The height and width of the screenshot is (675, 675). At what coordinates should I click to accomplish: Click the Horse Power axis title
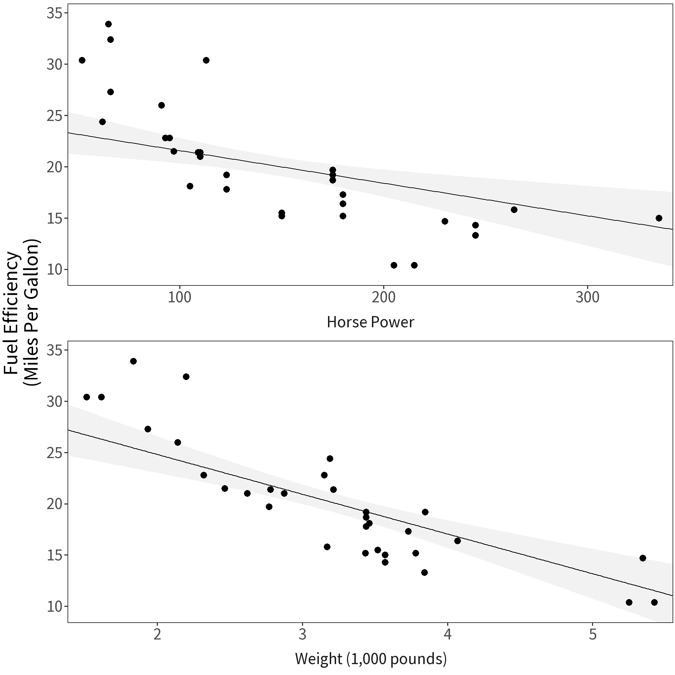pos(370,322)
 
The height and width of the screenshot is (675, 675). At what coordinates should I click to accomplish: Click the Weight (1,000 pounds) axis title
pos(371,658)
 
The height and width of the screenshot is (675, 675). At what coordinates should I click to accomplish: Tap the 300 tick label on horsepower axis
pos(587,297)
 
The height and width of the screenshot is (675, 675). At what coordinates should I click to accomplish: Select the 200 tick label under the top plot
pos(384,297)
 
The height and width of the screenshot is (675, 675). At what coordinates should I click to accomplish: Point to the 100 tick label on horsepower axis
pos(180,297)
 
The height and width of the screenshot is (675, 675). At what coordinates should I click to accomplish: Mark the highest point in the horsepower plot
pos(108,24)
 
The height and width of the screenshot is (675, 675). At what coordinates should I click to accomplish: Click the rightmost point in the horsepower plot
pos(659,218)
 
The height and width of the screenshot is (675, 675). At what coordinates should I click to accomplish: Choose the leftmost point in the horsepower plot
pos(82,60)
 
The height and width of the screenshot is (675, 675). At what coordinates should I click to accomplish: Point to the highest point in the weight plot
pos(133,361)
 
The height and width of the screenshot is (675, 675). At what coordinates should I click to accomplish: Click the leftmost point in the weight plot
pos(86,397)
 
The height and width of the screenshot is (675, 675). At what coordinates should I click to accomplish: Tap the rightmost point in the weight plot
pos(654,602)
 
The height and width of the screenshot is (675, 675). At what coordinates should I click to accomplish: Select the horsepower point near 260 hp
pos(514,210)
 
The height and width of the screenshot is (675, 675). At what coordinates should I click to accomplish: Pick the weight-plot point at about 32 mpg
pos(186,377)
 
